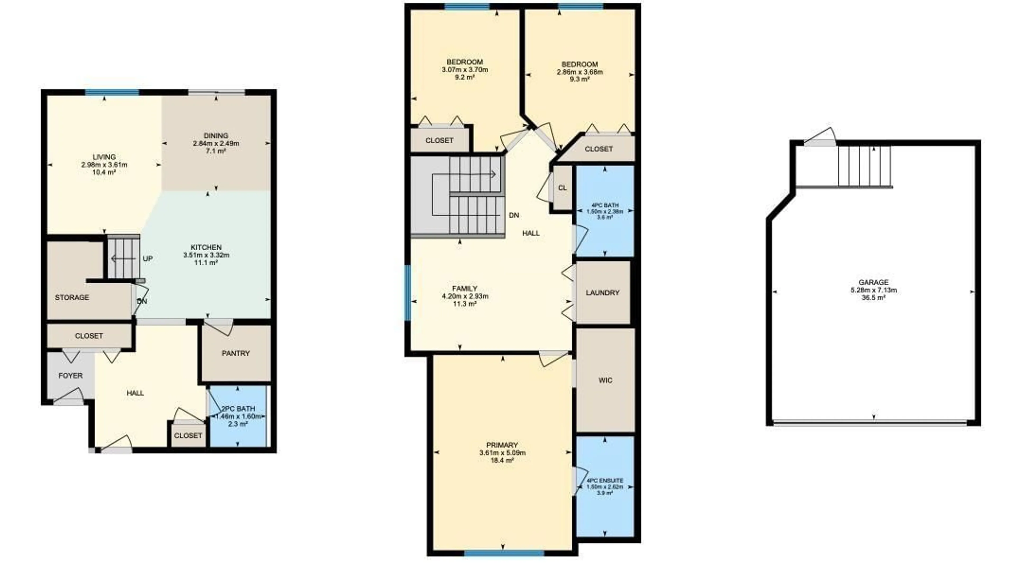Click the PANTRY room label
pos(235,353)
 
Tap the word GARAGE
pos(873,282)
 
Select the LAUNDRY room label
pos(602,293)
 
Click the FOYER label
pos(70,375)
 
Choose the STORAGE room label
pos(72,297)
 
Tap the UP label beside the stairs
pos(147,259)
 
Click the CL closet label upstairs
pos(562,188)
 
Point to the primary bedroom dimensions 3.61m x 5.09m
pos(502,453)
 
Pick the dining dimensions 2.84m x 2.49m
pos(216,143)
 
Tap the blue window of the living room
pos(112,93)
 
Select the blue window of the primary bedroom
pos(504,553)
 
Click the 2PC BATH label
pos(238,408)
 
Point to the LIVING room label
pos(104,157)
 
